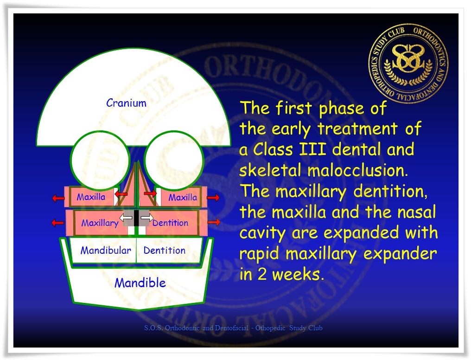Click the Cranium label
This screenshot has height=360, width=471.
click(126, 103)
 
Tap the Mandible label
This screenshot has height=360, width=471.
click(140, 283)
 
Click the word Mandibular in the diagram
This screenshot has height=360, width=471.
click(106, 251)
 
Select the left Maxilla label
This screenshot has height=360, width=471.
click(91, 197)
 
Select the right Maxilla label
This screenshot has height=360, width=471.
click(183, 198)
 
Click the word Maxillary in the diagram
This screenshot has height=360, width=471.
click(100, 223)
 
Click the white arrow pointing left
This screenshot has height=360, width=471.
click(126, 217)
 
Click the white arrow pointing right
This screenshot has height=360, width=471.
click(147, 217)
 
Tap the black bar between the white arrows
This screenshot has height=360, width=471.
click(136, 218)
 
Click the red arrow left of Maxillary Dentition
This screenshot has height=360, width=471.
click(57, 223)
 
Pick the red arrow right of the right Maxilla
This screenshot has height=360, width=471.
click(213, 198)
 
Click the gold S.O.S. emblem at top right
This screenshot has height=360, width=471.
click(408, 64)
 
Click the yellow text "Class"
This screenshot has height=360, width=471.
click(273, 149)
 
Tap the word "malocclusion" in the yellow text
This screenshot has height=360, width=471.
click(358, 170)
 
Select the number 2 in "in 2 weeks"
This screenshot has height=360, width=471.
click(262, 274)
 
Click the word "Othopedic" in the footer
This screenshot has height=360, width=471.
click(270, 328)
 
